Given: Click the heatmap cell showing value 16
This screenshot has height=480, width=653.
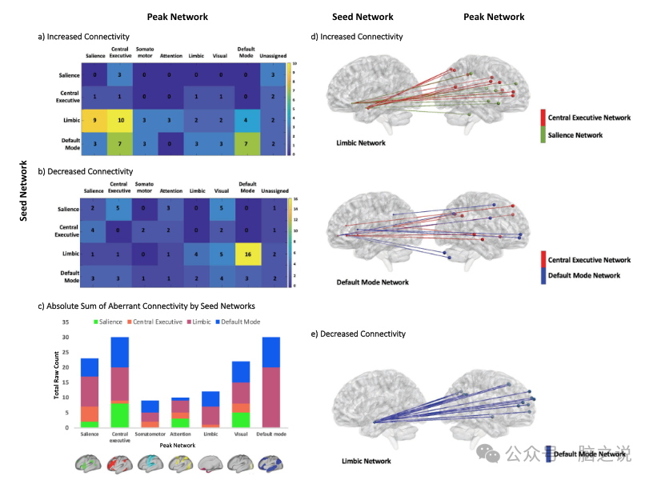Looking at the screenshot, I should tap(247, 254).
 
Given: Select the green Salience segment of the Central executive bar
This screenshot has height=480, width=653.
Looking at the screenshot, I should tap(119, 415).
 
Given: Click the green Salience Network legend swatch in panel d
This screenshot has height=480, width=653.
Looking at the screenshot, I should tap(543, 135).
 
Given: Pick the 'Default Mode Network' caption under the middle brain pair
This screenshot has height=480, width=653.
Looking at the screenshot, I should tap(372, 282).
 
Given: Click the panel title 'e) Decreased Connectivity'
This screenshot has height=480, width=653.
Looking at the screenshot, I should tap(363, 334).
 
